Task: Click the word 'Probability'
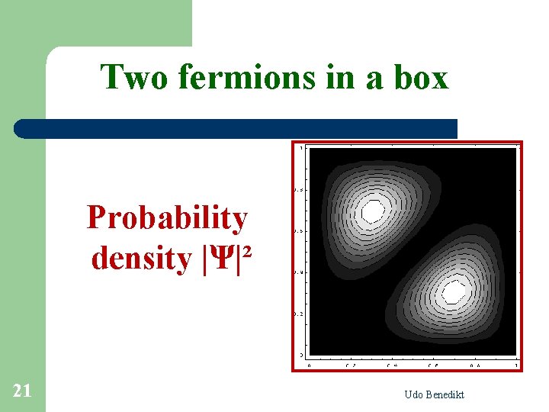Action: (x=167, y=218)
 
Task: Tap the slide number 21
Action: (x=22, y=391)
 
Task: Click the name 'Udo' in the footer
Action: (x=416, y=394)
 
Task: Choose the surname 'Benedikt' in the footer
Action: (x=447, y=394)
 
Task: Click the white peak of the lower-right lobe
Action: (x=454, y=291)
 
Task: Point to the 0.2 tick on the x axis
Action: (x=350, y=365)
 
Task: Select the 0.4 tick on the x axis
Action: (x=392, y=365)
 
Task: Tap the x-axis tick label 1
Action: (x=517, y=365)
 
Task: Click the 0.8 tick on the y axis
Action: (x=299, y=189)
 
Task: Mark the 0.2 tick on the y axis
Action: (x=299, y=314)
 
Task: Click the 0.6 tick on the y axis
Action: (x=299, y=231)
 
